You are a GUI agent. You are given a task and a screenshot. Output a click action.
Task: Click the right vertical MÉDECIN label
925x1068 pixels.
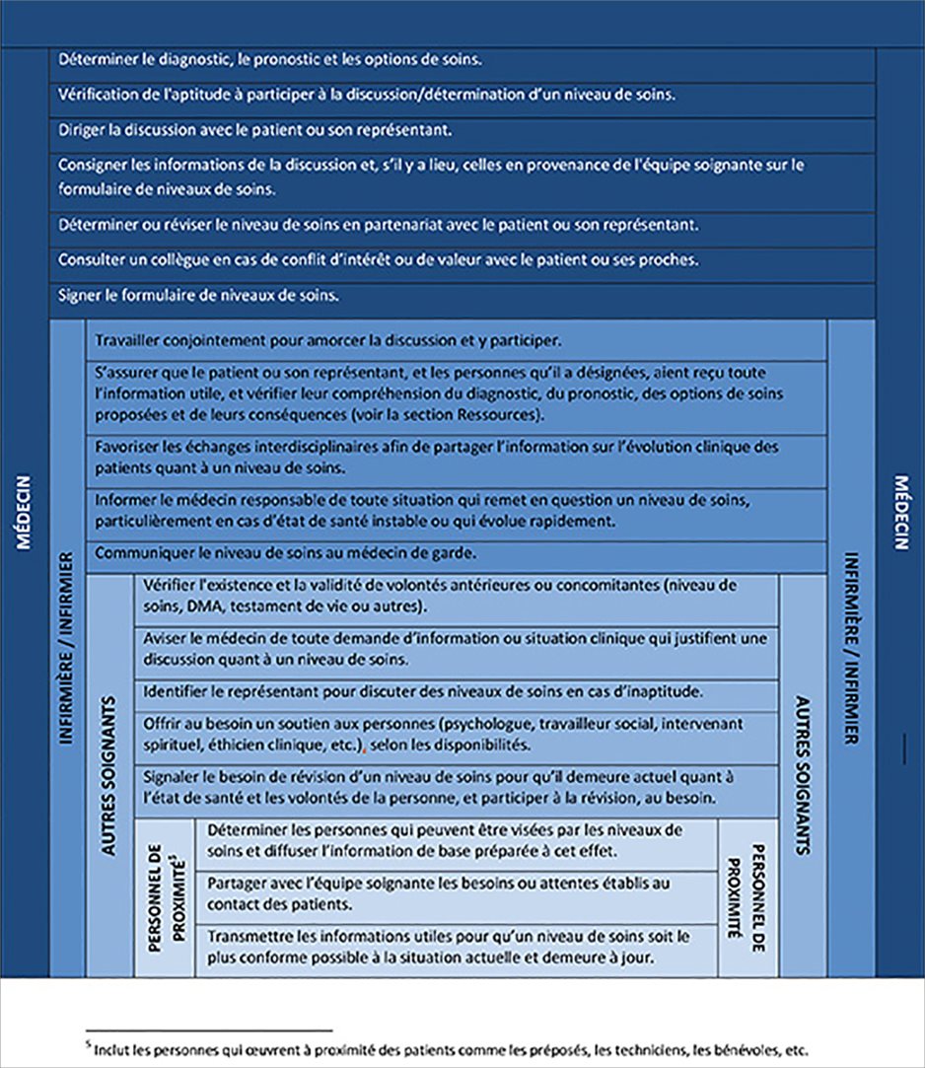[x=901, y=513]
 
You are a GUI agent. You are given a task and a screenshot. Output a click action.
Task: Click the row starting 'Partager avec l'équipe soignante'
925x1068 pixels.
[x=438, y=893]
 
